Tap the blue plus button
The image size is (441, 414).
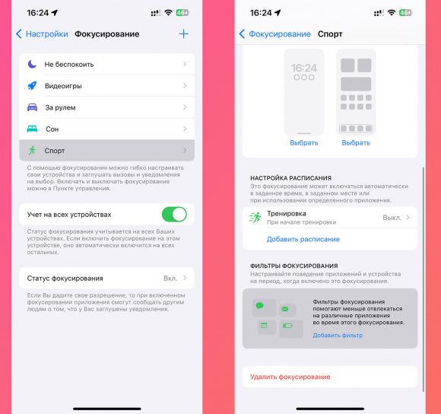[x=183, y=34]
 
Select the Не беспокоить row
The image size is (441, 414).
[x=106, y=65]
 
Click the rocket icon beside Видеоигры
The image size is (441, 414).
[x=32, y=86]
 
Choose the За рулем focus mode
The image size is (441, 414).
[x=106, y=107]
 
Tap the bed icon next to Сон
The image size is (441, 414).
[x=32, y=129]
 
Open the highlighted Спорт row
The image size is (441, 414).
[x=106, y=150]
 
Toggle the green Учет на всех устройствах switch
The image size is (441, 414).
[x=174, y=214]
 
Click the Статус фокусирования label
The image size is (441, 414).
[x=65, y=279]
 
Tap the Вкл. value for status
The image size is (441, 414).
[x=170, y=279]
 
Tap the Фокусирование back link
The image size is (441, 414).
[x=274, y=34]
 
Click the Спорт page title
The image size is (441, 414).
[x=329, y=34]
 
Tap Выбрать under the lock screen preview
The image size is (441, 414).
[x=303, y=142]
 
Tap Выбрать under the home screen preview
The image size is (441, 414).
[x=356, y=142]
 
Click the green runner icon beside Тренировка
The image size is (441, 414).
[x=255, y=218]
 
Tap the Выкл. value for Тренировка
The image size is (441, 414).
[x=392, y=218]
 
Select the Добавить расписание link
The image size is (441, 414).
[x=303, y=239]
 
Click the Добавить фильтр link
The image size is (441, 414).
[x=337, y=335]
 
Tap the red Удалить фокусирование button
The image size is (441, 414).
[x=290, y=377]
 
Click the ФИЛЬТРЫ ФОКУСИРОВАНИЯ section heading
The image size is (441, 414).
[x=293, y=266]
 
